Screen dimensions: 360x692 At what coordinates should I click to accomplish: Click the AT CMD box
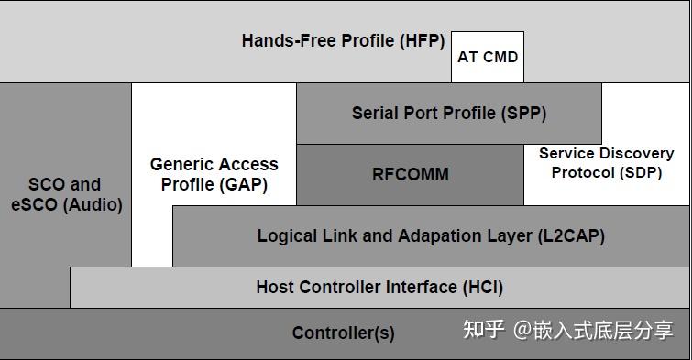point(488,57)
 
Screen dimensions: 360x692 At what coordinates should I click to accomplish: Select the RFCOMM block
point(410,174)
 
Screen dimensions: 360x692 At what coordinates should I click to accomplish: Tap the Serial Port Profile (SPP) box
point(448,114)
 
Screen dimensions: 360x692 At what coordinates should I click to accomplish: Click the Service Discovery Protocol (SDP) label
point(606,163)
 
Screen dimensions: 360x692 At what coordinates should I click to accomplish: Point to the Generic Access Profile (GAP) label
point(214,174)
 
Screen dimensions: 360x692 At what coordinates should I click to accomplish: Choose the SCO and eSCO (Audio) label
point(65,194)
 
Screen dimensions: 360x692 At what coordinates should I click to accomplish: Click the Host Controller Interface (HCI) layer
point(379,288)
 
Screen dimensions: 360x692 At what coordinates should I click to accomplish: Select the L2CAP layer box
point(431,236)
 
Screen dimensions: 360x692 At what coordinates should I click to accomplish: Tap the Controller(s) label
point(343,333)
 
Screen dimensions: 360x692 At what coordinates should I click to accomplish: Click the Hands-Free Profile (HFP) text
point(343,40)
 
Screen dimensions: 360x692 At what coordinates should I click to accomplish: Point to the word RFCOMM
point(410,174)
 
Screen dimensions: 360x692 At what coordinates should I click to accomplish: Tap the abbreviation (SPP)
point(523,114)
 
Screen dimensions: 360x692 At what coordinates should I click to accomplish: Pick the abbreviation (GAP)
point(245,183)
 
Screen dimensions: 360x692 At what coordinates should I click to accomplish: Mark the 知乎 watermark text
point(484,330)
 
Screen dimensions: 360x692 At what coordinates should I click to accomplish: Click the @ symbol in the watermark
point(522,330)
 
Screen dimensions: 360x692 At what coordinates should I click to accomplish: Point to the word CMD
point(500,57)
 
